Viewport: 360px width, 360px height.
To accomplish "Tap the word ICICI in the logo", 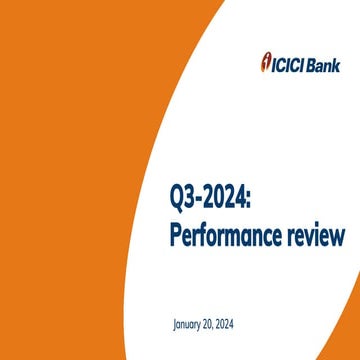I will (x=288, y=58).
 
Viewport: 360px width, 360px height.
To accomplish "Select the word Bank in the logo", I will (x=326, y=58).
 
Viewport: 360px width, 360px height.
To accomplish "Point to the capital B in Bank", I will (x=314, y=58).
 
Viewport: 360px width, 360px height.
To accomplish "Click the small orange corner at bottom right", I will (x=352, y=353).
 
